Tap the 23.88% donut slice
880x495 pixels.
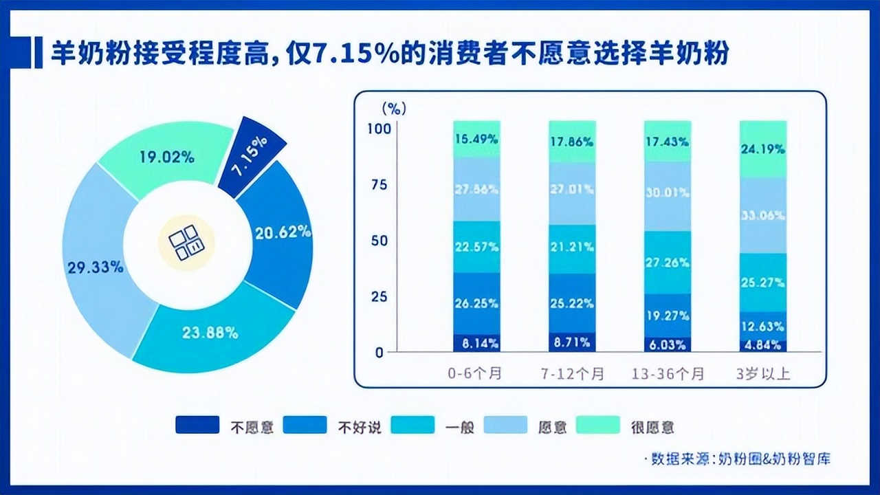tap(210, 333)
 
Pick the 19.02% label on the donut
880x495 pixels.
tap(167, 157)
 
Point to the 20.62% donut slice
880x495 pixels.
tap(283, 232)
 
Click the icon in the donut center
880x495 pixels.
tap(186, 243)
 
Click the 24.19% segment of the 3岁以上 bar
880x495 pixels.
tap(763, 148)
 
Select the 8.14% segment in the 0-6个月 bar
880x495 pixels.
tap(476, 342)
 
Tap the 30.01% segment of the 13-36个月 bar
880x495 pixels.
tap(667, 193)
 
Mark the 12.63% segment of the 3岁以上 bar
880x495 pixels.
tap(763, 327)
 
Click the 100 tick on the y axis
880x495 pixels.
tap(379, 128)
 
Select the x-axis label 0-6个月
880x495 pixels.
tap(476, 374)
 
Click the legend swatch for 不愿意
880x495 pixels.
tap(197, 425)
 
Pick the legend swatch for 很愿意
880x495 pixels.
tap(596, 425)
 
